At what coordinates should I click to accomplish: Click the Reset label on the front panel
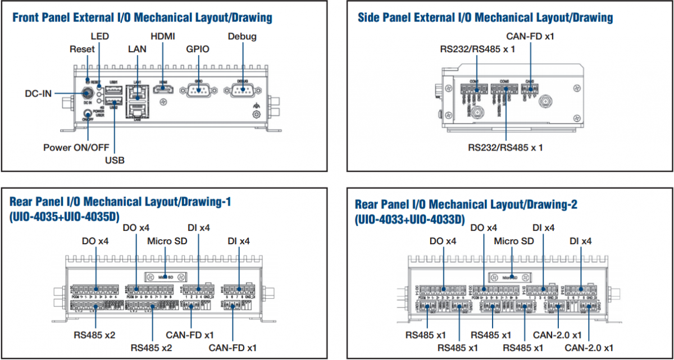tap(82, 49)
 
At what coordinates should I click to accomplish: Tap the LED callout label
tap(99, 37)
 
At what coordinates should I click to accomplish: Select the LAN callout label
tap(137, 49)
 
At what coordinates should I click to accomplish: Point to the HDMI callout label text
tap(163, 37)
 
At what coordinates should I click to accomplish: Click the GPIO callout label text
tap(198, 49)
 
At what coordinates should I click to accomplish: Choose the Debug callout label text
tap(242, 37)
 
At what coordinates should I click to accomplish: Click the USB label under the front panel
tap(115, 160)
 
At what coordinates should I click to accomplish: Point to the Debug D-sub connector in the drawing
tap(242, 92)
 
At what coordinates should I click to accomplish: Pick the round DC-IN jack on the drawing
tap(88, 92)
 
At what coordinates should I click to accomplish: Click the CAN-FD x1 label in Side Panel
tap(531, 37)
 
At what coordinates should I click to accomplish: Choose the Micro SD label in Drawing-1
tap(167, 241)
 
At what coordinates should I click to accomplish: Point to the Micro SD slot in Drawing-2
tap(510, 277)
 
